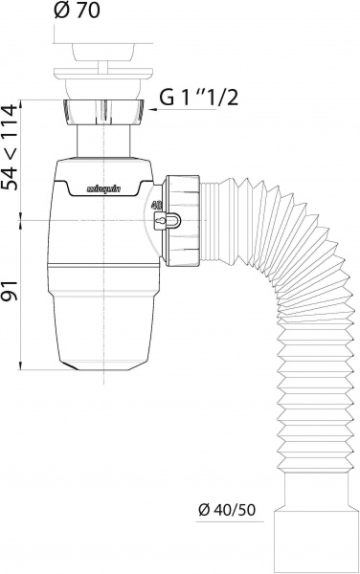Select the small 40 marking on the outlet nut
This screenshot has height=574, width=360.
(155, 203)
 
